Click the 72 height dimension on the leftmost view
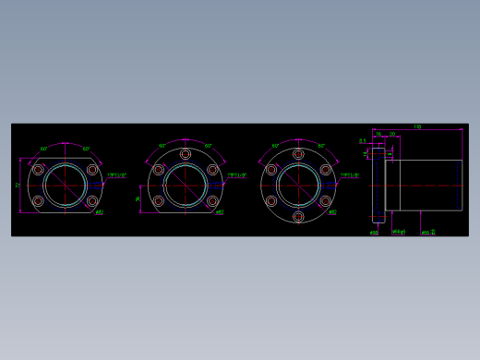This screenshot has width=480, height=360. (18, 186)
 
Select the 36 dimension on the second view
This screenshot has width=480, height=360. (138, 198)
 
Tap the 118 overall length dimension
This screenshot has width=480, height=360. (417, 126)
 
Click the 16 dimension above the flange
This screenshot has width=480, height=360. (378, 135)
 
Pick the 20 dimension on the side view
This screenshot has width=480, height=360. (391, 135)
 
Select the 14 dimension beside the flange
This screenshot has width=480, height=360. (366, 154)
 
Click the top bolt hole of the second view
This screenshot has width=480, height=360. (186, 154)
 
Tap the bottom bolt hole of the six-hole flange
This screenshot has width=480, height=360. (297, 216)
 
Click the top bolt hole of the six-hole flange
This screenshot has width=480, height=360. (297, 154)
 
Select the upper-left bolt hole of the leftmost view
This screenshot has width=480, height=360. (38, 170)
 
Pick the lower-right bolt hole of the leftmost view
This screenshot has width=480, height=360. (92, 201)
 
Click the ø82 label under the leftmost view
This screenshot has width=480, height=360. (99, 212)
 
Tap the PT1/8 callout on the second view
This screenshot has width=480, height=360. (237, 174)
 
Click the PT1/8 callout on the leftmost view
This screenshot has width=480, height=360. (117, 174)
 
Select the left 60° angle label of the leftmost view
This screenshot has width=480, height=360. (43, 148)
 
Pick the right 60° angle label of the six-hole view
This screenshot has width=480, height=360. (321, 146)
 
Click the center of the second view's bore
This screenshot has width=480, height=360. (186, 186)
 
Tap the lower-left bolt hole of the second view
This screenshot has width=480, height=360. (159, 201)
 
